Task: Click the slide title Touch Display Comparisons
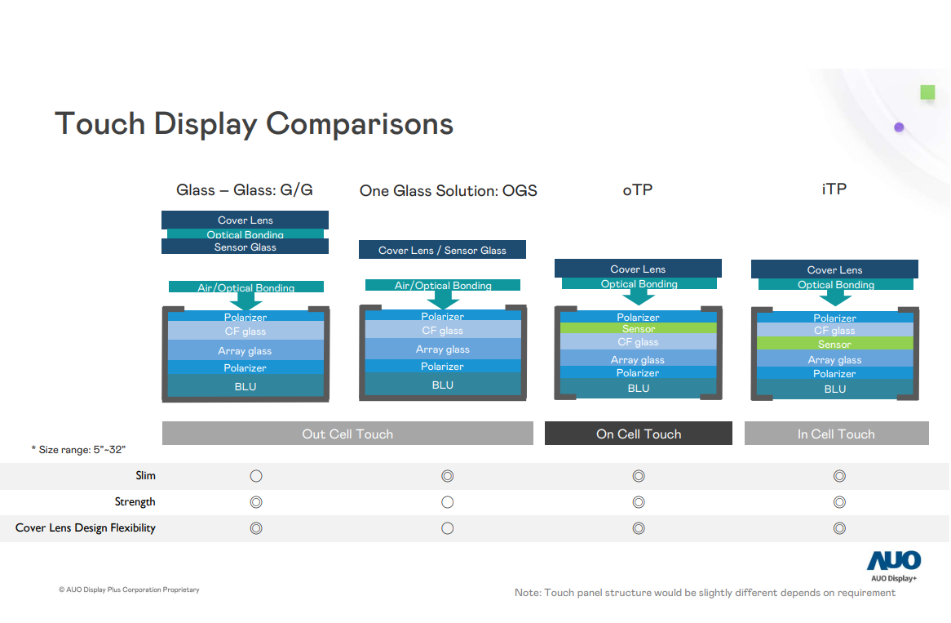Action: (254, 124)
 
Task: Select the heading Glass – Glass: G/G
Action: (245, 190)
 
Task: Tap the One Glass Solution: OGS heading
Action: (448, 191)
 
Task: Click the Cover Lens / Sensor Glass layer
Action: (442, 250)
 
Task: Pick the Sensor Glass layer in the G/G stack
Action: (245, 247)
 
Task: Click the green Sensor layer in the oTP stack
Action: (638, 329)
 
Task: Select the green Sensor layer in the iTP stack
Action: (834, 345)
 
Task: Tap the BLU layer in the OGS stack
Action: (442, 385)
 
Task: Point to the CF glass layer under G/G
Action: (245, 332)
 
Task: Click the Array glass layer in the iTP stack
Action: (834, 360)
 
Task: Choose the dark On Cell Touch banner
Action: (638, 434)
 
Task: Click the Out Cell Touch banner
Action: (347, 434)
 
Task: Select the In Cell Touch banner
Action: (836, 434)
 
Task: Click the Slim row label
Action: (145, 475)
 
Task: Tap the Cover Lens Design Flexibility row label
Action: (86, 527)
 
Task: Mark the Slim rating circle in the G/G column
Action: (255, 476)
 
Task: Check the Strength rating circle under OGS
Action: (447, 502)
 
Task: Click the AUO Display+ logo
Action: (893, 566)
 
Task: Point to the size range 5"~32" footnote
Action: (78, 450)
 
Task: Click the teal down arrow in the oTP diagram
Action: (639, 297)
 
